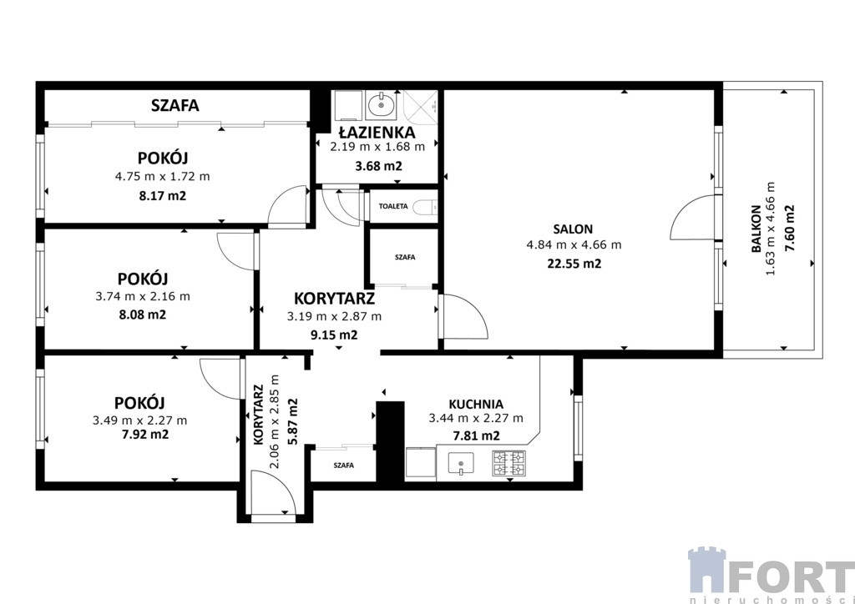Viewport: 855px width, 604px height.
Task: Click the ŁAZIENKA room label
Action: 377,132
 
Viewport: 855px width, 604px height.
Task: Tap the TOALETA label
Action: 393,206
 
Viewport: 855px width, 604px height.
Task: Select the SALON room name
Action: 573,229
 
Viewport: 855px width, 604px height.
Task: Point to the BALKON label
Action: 756,229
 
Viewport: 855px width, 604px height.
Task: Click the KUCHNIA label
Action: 475,404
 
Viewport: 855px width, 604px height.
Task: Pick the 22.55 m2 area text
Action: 574,264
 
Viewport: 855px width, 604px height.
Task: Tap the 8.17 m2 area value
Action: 163,195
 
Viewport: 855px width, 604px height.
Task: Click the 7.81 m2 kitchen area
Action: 477,435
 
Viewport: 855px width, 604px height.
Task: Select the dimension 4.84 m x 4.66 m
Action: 574,245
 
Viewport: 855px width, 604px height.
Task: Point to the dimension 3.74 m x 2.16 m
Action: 142,297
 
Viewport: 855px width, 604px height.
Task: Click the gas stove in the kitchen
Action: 508,464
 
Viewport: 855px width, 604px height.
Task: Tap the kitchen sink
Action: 461,463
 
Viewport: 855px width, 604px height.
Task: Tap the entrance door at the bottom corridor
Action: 272,492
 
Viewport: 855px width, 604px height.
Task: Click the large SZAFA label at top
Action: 175,105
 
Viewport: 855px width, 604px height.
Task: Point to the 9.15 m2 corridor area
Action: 334,335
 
